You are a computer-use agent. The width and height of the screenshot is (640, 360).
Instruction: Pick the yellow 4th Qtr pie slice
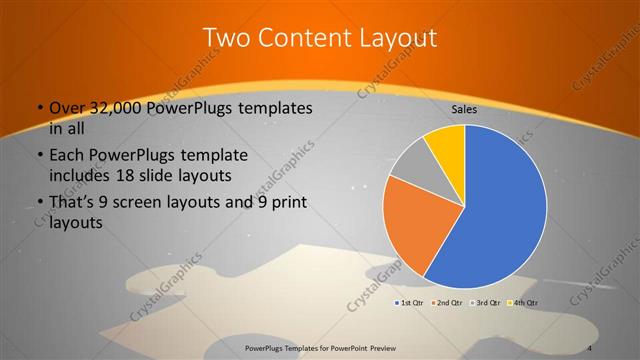click(x=446, y=145)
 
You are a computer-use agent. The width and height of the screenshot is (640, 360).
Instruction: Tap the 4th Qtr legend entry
click(x=524, y=302)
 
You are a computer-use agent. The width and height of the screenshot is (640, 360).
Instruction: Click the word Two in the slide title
click(x=225, y=38)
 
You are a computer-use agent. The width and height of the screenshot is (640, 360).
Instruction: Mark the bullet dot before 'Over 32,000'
click(x=39, y=108)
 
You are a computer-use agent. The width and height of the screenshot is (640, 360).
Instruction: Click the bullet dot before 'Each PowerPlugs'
click(x=39, y=157)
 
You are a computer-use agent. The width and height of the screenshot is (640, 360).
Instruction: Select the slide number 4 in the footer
click(x=590, y=347)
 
